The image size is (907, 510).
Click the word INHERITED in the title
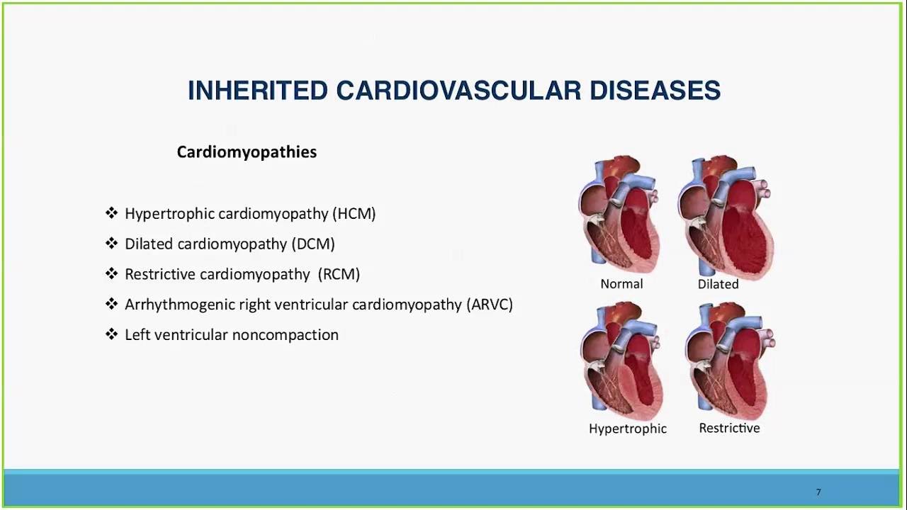tap(257, 91)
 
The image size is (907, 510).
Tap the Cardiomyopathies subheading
tap(247, 152)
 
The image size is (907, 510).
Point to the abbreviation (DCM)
tap(312, 244)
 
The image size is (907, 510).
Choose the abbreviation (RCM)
tap(339, 274)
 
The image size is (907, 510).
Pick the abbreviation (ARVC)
tap(489, 305)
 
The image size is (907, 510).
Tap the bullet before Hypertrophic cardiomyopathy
tap(111, 213)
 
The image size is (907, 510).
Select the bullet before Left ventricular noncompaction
tap(111, 334)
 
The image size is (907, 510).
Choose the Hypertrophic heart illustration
tap(622, 361)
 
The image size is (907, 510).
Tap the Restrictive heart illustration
tap(729, 361)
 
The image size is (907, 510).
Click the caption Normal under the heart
tap(621, 284)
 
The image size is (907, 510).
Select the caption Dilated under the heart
tap(718, 284)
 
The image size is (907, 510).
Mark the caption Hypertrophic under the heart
tap(627, 429)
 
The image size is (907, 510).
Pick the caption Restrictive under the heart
tap(729, 428)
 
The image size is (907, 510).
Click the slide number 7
tap(818, 492)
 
